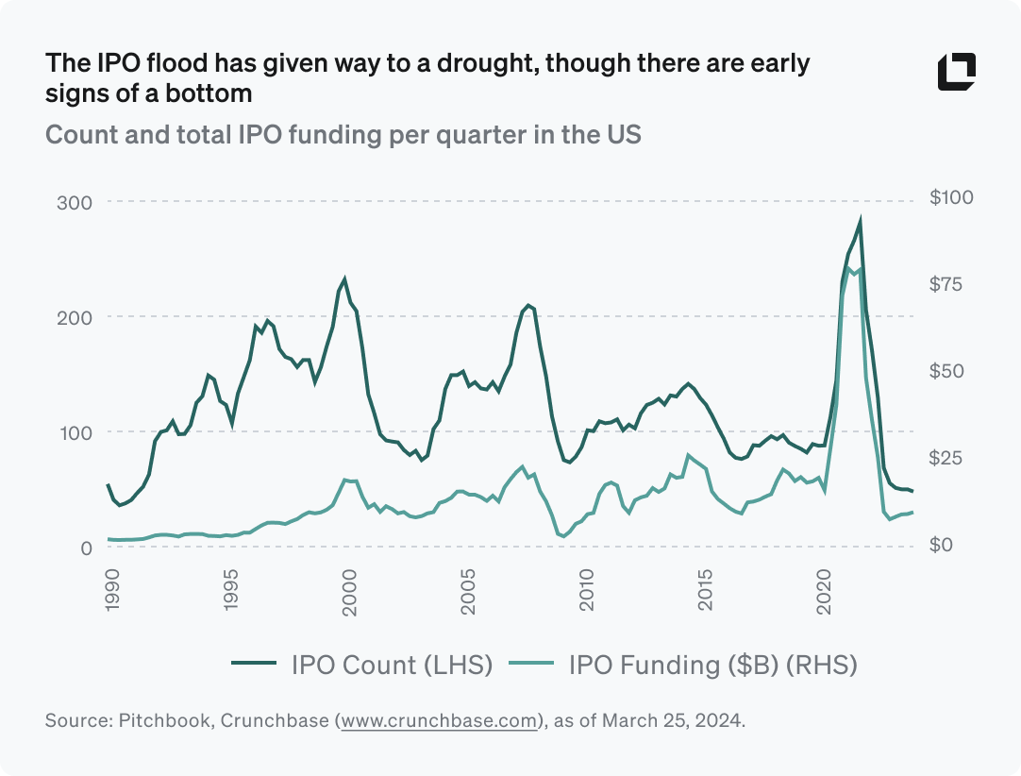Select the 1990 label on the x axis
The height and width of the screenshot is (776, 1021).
click(112, 592)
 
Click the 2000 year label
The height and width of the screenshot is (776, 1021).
click(350, 592)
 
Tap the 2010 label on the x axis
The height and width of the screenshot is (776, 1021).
click(588, 592)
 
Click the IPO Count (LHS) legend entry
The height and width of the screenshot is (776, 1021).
click(362, 665)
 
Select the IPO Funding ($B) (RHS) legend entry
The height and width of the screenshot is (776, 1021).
click(684, 665)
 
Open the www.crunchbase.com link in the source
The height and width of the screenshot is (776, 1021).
click(439, 721)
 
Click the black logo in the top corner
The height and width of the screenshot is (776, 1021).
click(956, 73)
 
